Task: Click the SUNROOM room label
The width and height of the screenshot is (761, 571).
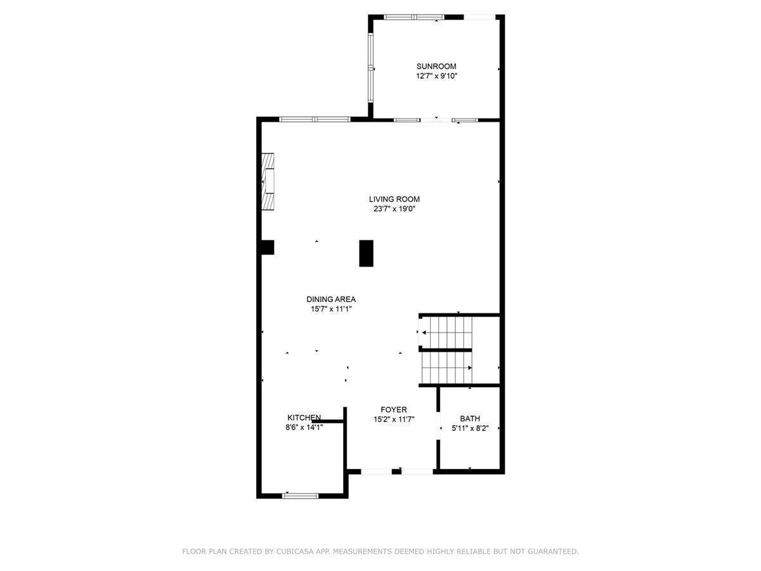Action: (436, 66)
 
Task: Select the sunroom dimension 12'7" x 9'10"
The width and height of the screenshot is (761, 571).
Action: (436, 76)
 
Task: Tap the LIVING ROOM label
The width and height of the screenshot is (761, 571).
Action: (394, 199)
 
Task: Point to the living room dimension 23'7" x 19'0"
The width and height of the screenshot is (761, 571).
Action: (394, 209)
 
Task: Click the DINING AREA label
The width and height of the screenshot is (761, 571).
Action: (330, 299)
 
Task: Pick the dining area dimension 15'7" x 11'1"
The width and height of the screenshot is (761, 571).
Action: (330, 309)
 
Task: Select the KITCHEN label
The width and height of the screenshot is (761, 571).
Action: (304, 417)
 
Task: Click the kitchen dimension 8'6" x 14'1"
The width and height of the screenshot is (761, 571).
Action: (304, 428)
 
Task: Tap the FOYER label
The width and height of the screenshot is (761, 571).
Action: (393, 409)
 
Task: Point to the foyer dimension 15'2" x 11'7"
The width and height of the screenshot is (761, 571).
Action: (393, 419)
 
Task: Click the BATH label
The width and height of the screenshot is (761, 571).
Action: (469, 418)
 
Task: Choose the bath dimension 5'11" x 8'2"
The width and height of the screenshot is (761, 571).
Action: (469, 428)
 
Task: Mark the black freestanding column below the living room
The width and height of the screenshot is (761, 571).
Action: (366, 253)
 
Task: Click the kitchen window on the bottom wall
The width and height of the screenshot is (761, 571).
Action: (300, 495)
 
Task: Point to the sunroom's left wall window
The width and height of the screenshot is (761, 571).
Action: (370, 68)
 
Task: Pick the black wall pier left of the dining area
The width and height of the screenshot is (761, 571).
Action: (267, 247)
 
